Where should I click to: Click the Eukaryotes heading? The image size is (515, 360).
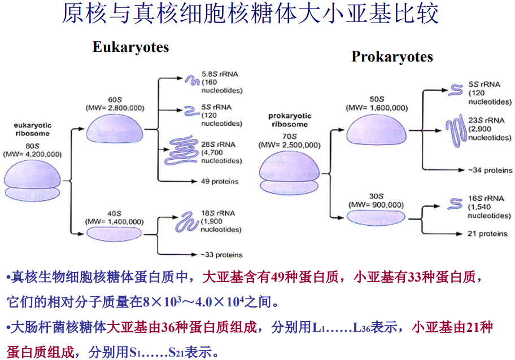pyautogui.click(x=130, y=47)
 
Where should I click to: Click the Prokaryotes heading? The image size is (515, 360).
pyautogui.click(x=392, y=56)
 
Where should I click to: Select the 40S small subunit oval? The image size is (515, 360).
pyautogui.click(x=114, y=232)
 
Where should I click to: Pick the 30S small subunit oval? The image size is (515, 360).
pyautogui.click(x=376, y=217)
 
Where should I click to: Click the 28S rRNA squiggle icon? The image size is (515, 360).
pyautogui.click(x=182, y=152)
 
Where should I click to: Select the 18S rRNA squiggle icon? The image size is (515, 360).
pyautogui.click(x=185, y=222)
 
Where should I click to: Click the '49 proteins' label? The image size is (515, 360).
pyautogui.click(x=220, y=182)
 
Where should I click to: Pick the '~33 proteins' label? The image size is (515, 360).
pyautogui.click(x=222, y=254)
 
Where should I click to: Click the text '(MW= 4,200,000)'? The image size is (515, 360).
pyautogui.click(x=32, y=153)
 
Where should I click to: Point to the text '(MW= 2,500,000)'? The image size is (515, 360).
pyautogui.click(x=289, y=145)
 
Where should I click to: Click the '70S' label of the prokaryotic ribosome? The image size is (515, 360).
pyautogui.click(x=289, y=136)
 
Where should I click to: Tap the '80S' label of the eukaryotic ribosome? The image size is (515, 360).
pyautogui.click(x=32, y=144)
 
